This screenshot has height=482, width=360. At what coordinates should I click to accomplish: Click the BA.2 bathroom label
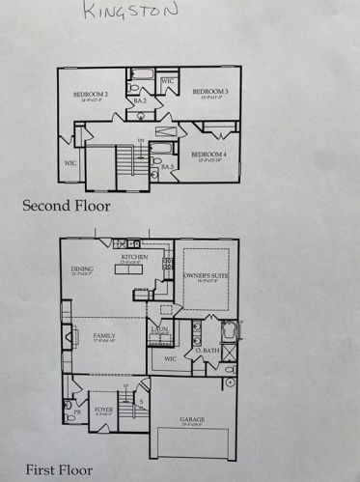click(140, 100)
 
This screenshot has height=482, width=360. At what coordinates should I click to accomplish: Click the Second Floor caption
click(67, 205)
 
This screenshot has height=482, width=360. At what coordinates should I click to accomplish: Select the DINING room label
click(82, 270)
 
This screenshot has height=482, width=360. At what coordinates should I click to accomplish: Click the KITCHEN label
click(134, 258)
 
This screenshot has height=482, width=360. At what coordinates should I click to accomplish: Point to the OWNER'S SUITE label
click(205, 276)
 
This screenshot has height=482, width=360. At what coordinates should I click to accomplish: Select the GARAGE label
click(191, 420)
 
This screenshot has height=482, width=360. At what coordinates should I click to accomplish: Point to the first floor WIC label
click(169, 359)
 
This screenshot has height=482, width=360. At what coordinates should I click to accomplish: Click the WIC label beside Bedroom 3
click(166, 81)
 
